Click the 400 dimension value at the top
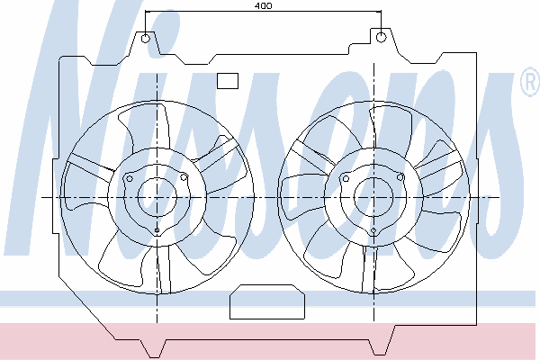click(264, 6)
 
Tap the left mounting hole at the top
click(146, 38)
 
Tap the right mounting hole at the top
click(381, 37)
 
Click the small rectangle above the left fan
click(228, 81)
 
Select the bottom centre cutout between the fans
click(267, 301)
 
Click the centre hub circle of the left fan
click(157, 197)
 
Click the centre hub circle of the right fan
click(373, 197)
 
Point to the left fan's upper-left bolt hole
click(130, 178)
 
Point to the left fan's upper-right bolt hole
click(184, 178)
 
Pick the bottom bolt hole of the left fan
click(157, 230)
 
